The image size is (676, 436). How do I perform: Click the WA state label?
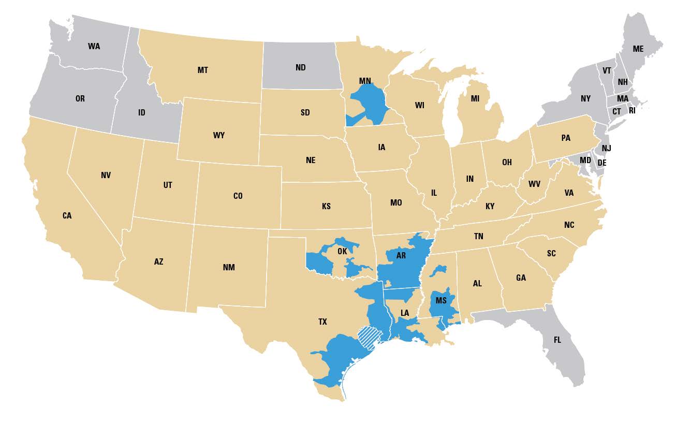coord(94,46)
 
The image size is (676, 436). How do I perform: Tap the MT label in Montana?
coord(202,70)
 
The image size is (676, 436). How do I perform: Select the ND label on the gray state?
coord(300,68)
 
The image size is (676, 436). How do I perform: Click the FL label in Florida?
coord(557,340)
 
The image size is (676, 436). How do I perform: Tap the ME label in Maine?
coord(638,49)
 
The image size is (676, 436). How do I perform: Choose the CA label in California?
coord(67,215)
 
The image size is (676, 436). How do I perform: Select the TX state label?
coord(322,322)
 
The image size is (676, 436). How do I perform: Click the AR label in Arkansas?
coord(401,256)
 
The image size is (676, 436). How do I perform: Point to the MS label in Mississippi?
coord(440,301)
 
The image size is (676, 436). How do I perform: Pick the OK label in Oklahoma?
coord(342,251)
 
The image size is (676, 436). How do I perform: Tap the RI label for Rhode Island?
coord(632,110)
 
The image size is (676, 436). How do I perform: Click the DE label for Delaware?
coord(602,163)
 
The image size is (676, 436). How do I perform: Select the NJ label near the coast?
coord(607,149)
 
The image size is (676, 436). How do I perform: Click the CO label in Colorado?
coord(238,196)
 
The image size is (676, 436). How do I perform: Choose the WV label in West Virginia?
coord(534,184)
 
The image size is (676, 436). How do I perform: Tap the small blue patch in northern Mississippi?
coord(439,270)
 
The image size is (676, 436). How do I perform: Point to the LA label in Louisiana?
coord(404,313)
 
